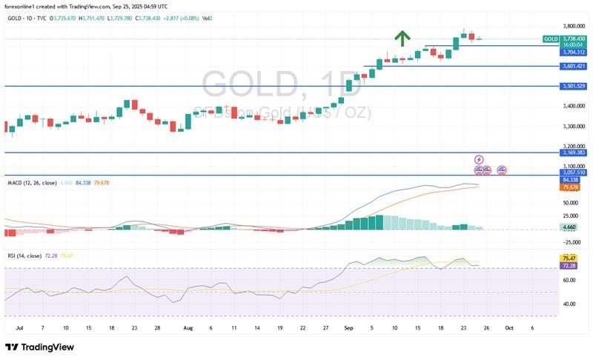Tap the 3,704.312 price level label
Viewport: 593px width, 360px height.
574,52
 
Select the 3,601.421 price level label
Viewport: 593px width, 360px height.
574,66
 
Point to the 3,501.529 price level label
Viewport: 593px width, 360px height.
574,86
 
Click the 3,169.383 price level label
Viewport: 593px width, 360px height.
574,153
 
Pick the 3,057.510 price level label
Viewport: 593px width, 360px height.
574,172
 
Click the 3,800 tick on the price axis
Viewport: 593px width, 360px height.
572,25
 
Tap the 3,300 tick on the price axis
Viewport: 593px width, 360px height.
572,126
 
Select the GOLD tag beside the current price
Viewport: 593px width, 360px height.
551,39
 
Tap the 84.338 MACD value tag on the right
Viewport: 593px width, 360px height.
570,179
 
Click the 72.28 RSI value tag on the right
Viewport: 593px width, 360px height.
570,265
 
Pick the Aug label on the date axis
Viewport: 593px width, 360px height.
188,327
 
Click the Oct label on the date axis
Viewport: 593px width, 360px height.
509,327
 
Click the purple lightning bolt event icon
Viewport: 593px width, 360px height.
479,159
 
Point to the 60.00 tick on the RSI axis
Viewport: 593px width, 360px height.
569,280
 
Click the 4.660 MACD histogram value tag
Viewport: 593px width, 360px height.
570,227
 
